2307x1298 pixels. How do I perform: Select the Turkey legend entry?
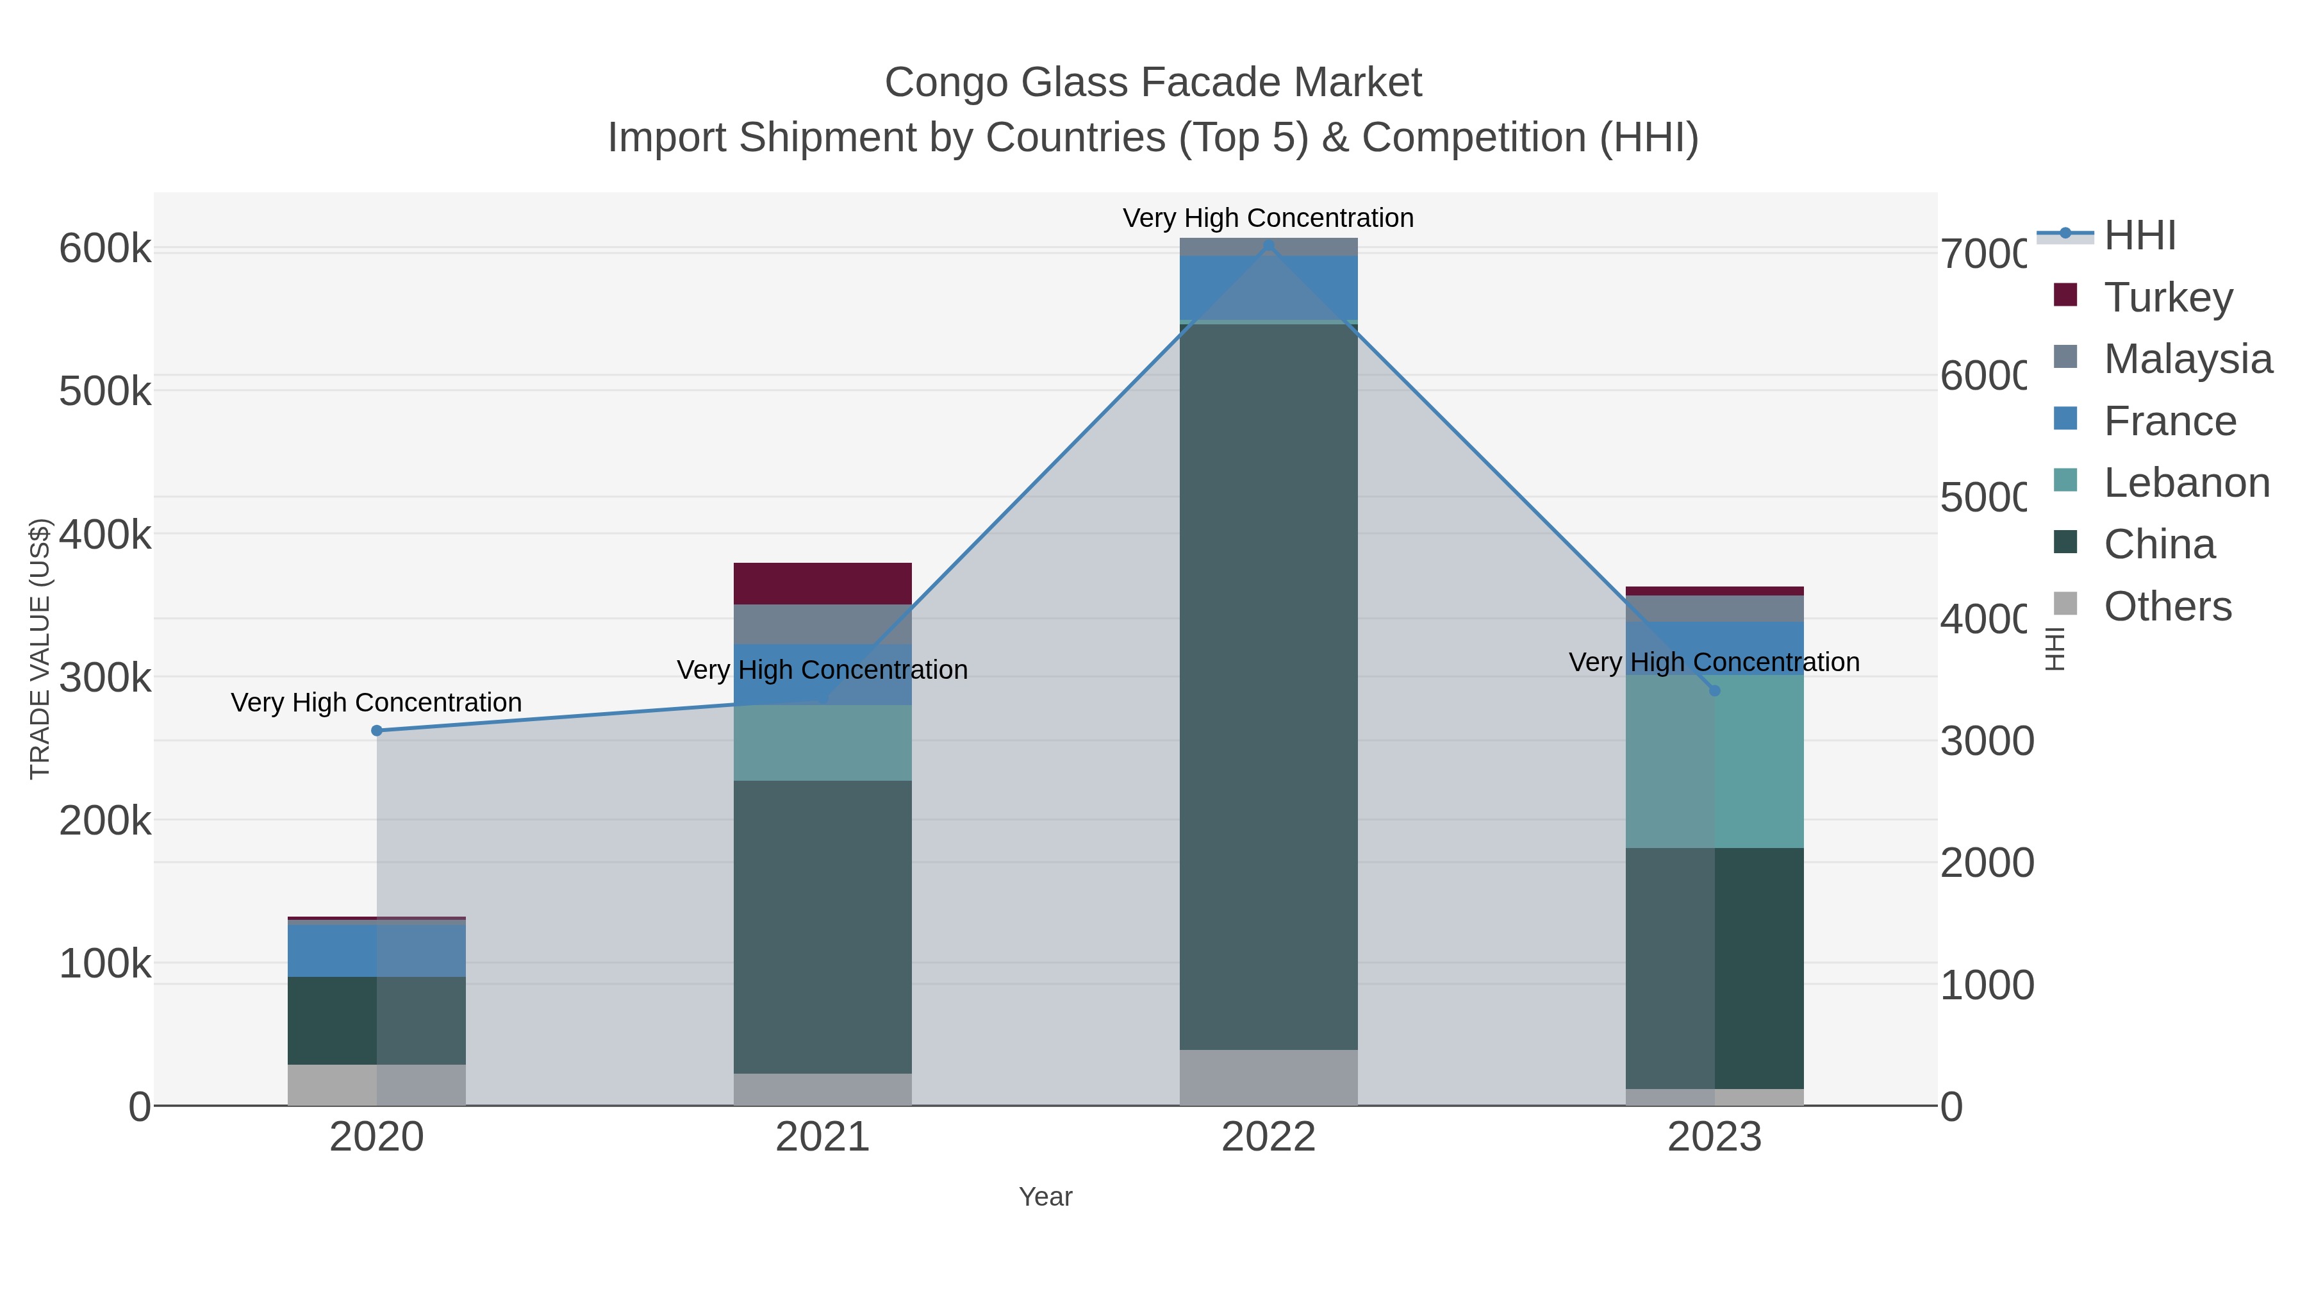[x=2167, y=297]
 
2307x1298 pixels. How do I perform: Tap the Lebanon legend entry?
[x=2186, y=482]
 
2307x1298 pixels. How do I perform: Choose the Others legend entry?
[x=2167, y=606]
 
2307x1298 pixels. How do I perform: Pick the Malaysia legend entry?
[x=2187, y=358]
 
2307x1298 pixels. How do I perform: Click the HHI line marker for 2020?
[x=377, y=731]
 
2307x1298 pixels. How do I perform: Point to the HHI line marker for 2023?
[x=1714, y=690]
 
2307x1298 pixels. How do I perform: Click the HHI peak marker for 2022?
[x=1268, y=245]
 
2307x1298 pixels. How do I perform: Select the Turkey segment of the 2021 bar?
[x=822, y=584]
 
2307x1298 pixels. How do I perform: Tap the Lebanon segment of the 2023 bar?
[x=1714, y=761]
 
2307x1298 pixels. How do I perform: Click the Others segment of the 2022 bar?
[x=1268, y=1078]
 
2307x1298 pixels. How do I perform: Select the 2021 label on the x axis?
[x=822, y=1138]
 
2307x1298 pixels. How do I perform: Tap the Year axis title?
[x=1045, y=1197]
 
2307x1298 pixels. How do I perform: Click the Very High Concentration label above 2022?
[x=1268, y=218]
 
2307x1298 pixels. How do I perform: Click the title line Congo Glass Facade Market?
[x=1153, y=83]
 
